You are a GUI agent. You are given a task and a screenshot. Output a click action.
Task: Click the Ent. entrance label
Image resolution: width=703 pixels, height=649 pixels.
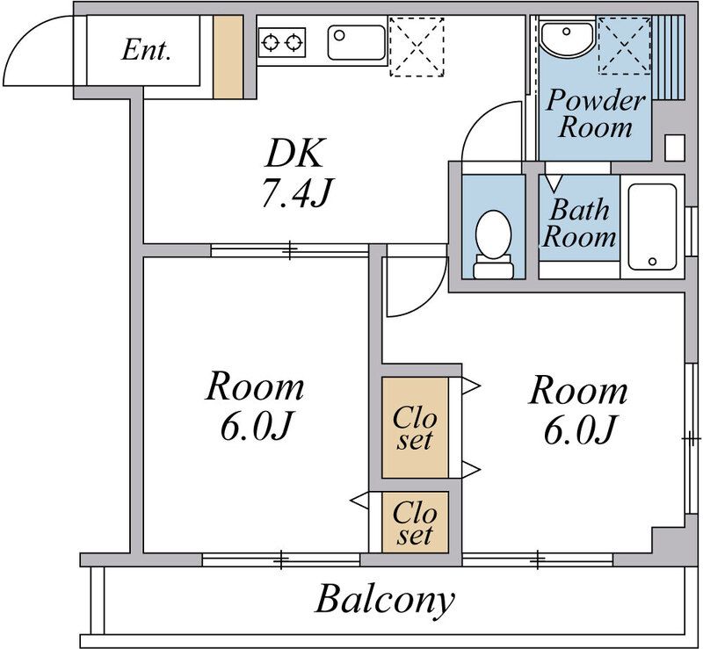(146, 50)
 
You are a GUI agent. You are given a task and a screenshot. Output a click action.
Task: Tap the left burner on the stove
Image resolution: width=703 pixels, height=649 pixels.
(272, 43)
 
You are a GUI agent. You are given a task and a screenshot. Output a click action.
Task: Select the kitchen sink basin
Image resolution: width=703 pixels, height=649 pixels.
(357, 43)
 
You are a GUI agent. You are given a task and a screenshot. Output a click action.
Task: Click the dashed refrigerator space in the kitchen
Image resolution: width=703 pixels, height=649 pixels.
(417, 47)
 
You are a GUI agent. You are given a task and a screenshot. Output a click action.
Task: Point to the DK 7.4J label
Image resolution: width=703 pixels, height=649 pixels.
(295, 172)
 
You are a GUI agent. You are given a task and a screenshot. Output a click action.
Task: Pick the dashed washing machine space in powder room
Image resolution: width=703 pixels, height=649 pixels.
(624, 46)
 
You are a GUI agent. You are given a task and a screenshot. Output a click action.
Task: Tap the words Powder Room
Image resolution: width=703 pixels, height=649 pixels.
(596, 113)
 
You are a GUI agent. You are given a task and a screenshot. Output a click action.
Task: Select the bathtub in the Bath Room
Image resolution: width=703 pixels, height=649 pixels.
(652, 227)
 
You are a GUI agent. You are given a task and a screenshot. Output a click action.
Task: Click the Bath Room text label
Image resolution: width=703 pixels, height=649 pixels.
(579, 223)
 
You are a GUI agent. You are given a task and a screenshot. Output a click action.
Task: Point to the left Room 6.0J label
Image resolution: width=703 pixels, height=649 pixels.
(255, 405)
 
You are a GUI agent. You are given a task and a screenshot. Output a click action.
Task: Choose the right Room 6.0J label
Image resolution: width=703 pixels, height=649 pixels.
(578, 409)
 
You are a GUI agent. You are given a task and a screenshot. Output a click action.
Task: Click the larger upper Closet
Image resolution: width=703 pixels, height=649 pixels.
(415, 428)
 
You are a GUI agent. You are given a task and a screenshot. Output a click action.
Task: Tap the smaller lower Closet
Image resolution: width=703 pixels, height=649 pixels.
(415, 523)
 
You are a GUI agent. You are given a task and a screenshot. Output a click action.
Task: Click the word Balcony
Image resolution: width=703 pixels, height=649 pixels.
(384, 599)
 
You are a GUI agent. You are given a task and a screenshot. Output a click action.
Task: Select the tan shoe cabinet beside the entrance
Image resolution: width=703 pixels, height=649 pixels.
(228, 57)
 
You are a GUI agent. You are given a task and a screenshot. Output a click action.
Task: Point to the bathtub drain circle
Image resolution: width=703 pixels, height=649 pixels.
(652, 262)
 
